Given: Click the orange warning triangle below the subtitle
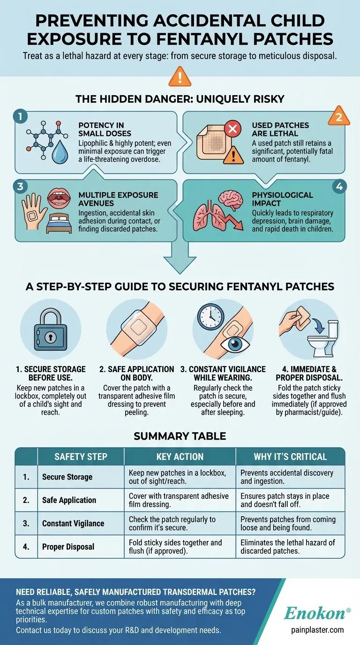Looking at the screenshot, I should (180, 76).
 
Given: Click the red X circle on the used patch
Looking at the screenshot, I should (232, 128).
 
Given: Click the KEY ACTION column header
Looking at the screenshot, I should (180, 457).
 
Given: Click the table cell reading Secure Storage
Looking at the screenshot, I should (67, 477).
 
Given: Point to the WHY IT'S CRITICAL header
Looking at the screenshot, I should (289, 457).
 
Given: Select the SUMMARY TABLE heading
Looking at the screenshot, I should (180, 436).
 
